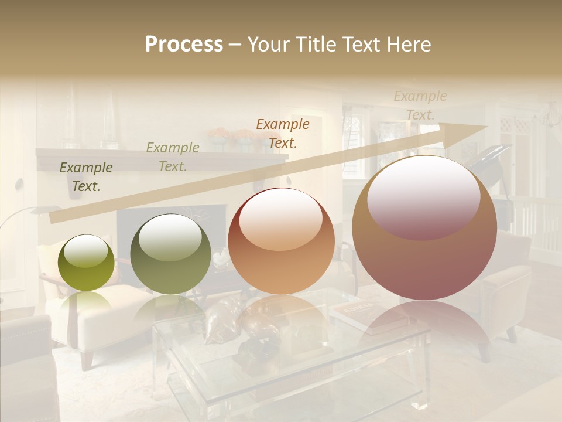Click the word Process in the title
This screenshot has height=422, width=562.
(184, 45)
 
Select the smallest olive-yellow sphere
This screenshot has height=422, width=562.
(87, 263)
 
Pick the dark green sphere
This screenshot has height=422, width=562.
(170, 254)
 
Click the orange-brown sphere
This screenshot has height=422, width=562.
(281, 241)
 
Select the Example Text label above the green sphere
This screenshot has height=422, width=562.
(172, 157)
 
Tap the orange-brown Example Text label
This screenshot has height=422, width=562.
(283, 133)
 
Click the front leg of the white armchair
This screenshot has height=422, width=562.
(87, 358)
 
